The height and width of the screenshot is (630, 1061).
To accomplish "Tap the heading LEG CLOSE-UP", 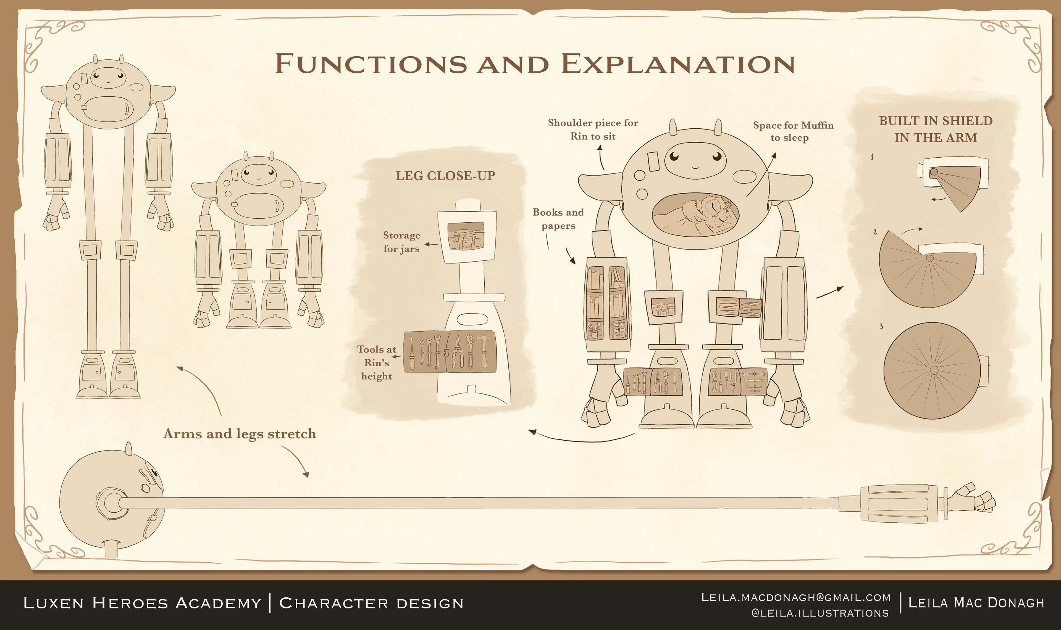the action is (x=445, y=176).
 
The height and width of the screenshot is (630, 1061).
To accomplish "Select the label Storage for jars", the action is (x=401, y=242).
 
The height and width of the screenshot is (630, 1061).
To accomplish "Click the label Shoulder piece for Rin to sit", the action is (x=593, y=129).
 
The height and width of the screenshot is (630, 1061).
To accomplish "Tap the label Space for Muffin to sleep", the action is (x=793, y=131).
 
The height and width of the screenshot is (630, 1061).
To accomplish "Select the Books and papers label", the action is (x=558, y=219).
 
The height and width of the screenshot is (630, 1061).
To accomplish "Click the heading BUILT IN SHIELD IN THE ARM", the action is (x=936, y=129).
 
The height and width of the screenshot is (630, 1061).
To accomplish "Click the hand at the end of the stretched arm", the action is (x=973, y=501).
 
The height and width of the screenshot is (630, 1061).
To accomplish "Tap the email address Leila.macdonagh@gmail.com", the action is (x=795, y=598).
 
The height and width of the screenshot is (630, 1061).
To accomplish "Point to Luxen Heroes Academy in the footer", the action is (x=142, y=603).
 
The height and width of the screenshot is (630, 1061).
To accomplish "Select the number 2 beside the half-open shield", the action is (x=875, y=232).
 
